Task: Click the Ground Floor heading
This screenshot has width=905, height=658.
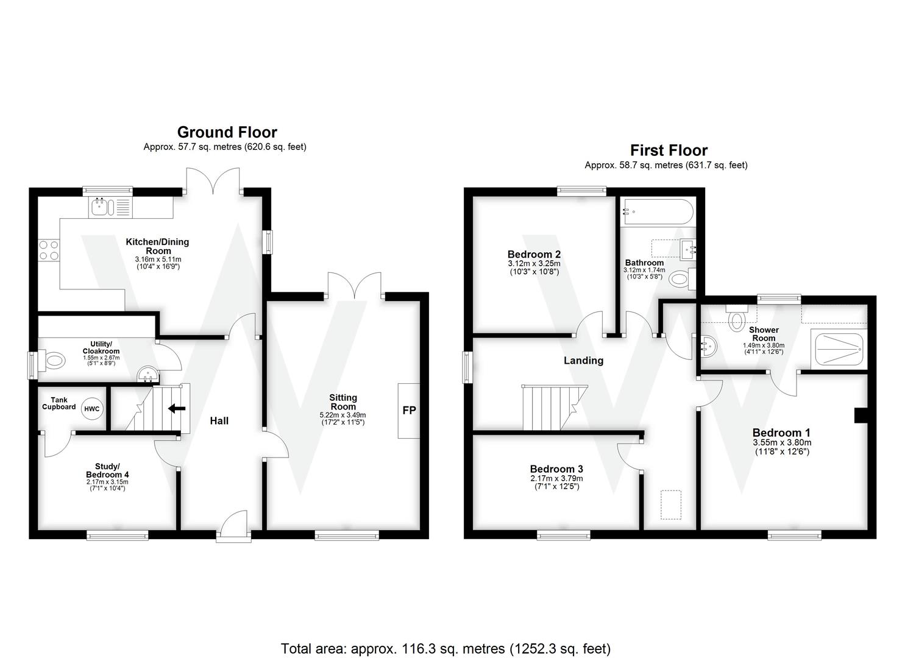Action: pos(227,132)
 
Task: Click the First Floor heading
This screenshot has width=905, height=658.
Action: pos(669,150)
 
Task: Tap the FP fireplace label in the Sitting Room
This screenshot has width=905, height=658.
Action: pos(409,411)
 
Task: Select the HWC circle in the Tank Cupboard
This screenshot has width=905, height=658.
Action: pos(92,409)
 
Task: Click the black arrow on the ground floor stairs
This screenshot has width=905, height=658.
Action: pos(177,408)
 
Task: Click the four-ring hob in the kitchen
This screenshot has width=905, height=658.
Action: pos(49,251)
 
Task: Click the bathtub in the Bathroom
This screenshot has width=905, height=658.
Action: pos(657,213)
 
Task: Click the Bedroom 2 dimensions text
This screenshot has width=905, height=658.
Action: pos(534,267)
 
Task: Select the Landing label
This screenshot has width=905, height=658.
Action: pos(583,361)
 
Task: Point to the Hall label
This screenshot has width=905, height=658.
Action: pos(219,421)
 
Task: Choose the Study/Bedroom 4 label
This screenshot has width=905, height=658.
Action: pos(107,470)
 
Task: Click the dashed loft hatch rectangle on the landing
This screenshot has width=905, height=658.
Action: pos(671,504)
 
